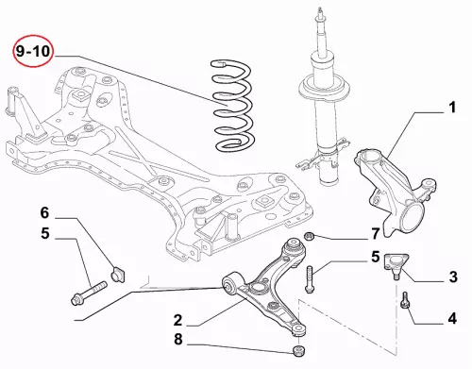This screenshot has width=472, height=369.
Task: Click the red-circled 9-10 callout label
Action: coord(33,51)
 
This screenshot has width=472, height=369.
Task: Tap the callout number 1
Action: coord(452,108)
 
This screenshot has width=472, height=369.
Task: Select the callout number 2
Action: coord(178,320)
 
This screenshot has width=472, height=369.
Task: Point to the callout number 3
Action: coord(453,277)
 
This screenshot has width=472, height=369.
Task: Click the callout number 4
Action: coord(452,318)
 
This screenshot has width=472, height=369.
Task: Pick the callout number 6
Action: coord(44,213)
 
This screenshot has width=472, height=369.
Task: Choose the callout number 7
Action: coord(376,234)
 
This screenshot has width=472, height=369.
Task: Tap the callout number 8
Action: coord(178,339)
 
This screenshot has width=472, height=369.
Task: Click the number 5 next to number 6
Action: coord(45,233)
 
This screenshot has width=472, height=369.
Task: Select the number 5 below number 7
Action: coord(376,257)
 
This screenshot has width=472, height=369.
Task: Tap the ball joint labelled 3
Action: coord(396,264)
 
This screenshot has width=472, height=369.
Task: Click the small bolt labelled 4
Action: coord(405,299)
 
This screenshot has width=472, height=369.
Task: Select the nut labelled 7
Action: coord(310,236)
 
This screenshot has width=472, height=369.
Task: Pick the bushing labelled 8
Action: coord(298,351)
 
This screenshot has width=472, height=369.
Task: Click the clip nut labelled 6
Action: coord(117,274)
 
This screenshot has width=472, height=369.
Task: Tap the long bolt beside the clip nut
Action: coord(90,294)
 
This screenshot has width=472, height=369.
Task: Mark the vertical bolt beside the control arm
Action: coord(310,279)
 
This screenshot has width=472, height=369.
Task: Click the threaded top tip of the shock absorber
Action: coord(321,12)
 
